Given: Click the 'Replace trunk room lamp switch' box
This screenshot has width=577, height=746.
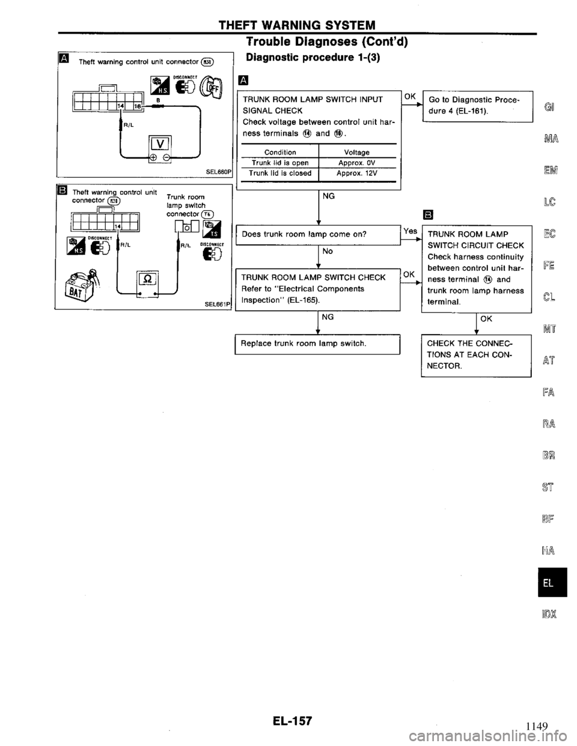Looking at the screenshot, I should pyautogui.click(x=318, y=343).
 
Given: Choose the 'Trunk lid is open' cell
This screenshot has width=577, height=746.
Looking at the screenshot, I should pyautogui.click(x=279, y=162).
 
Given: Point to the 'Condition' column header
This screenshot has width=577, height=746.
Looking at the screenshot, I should pyautogui.click(x=279, y=152).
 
